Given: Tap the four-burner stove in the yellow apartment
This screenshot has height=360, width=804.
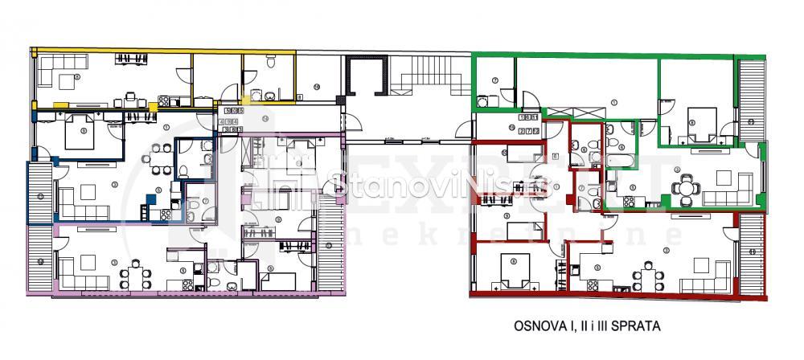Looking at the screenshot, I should [164, 100].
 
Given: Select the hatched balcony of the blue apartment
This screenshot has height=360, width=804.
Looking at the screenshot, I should [39, 193].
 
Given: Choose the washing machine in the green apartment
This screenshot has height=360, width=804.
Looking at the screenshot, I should [482, 101].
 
